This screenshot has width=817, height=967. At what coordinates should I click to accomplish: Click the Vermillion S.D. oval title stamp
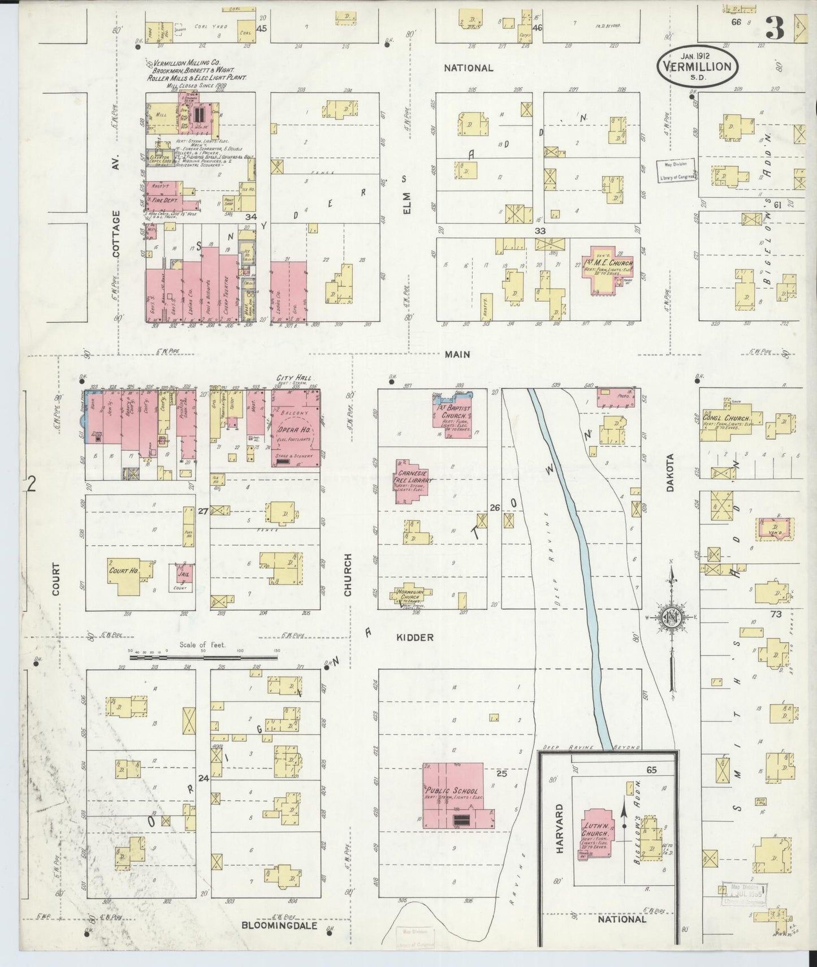(x=697, y=66)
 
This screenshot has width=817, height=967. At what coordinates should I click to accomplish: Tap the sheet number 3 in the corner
(x=776, y=28)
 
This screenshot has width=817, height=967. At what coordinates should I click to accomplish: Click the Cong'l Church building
(x=727, y=420)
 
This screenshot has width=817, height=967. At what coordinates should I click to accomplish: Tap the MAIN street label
(x=457, y=355)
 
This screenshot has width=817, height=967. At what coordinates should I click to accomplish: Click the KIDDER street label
(x=414, y=637)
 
